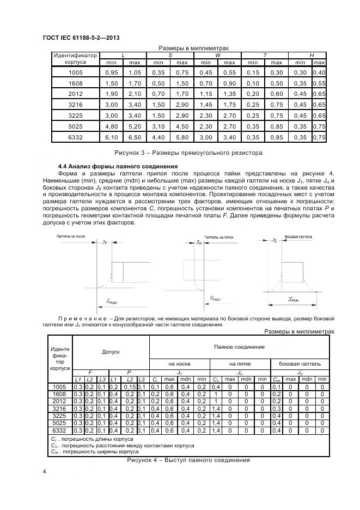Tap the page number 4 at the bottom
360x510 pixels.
(x=44, y=470)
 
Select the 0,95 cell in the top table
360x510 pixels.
(x=111, y=72)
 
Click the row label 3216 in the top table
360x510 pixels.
(x=75, y=105)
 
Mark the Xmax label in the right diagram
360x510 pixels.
(x=294, y=299)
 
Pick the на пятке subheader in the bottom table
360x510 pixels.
(x=240, y=363)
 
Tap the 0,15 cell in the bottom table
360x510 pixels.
(x=129, y=386)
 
